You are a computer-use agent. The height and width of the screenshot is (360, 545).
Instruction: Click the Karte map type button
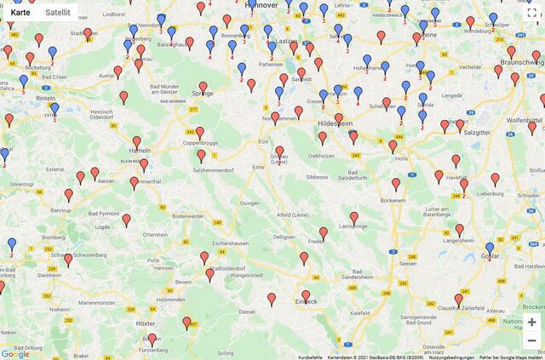(20, 13)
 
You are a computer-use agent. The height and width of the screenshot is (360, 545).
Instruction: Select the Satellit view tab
(58, 13)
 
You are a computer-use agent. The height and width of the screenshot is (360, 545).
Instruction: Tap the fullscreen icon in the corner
(531, 13)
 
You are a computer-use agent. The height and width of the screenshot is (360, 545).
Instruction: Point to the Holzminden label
(170, 300)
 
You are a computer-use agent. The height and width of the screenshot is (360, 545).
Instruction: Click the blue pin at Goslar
(489, 248)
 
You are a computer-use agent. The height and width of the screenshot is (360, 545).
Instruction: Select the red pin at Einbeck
(306, 295)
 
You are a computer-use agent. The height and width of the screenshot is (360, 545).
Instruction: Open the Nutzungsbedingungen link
(451, 357)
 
